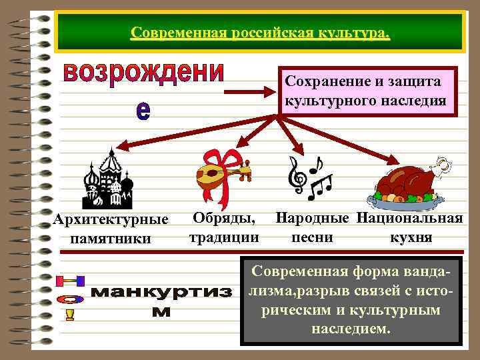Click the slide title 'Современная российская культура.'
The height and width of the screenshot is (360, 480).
[260, 33]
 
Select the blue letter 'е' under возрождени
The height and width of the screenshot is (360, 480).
[143, 110]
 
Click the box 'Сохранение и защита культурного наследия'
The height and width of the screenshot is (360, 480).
[365, 91]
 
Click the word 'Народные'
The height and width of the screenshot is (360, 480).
[313, 218]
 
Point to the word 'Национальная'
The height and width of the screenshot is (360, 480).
[409, 218]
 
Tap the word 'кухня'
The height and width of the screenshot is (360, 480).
[409, 237]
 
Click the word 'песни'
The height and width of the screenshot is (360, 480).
[312, 237]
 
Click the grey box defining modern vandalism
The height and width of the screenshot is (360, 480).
[351, 301]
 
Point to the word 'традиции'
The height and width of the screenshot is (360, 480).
[224, 237]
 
